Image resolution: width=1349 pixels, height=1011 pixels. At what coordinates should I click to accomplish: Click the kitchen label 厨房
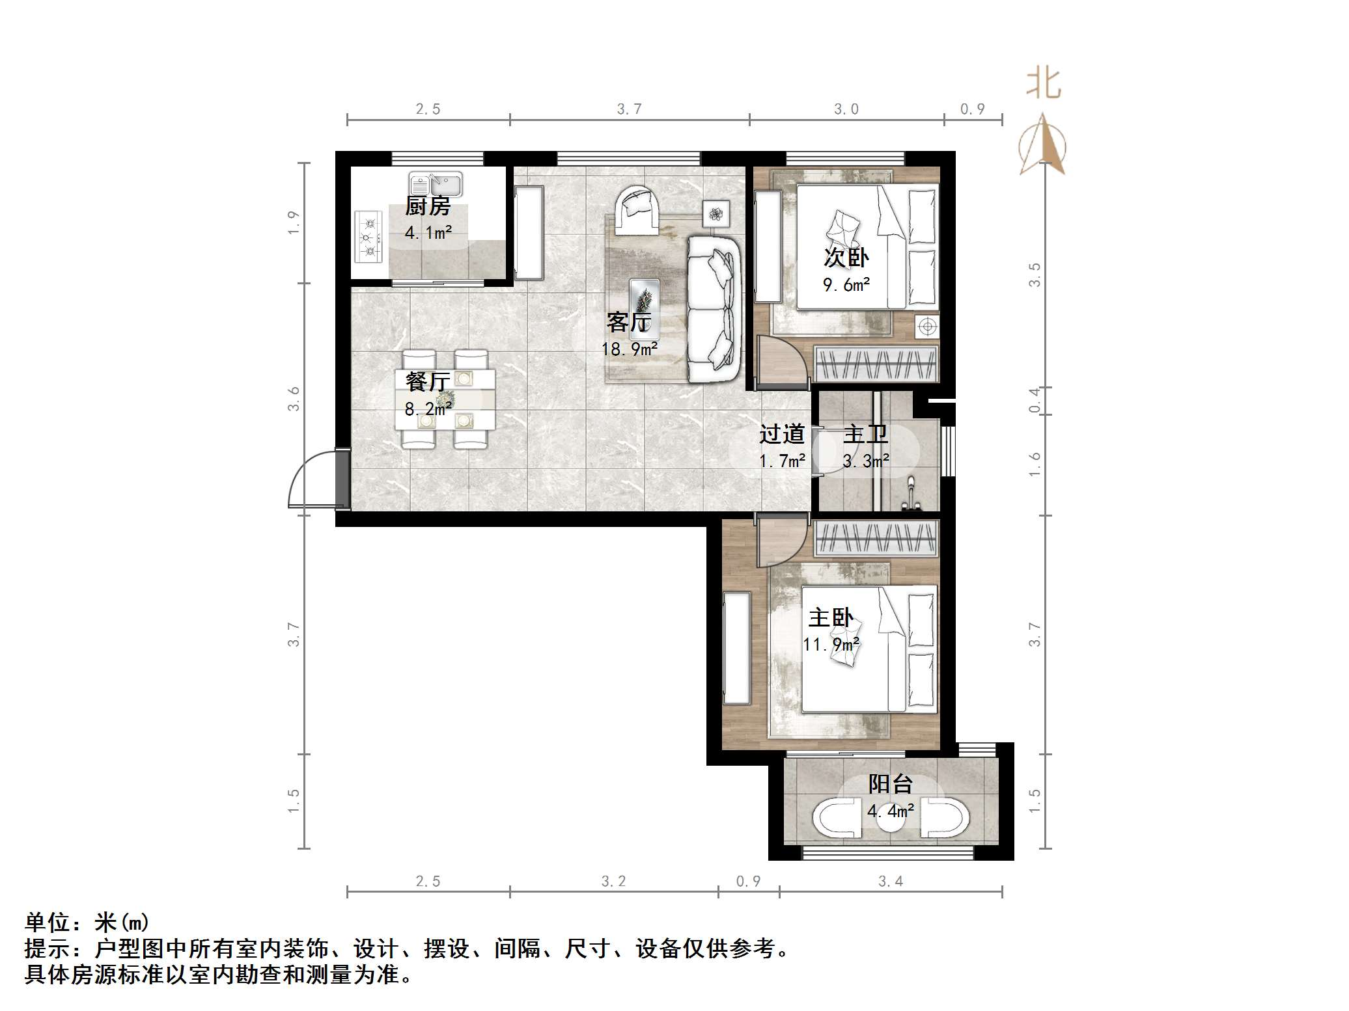[x=427, y=206]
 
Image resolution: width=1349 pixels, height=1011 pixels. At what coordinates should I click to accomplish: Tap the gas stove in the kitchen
[x=369, y=237]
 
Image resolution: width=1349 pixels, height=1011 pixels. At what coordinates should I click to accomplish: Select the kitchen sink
[x=436, y=185]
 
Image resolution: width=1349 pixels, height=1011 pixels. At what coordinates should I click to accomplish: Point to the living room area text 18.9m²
[x=629, y=349]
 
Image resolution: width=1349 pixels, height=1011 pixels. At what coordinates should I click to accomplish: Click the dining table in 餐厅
[x=445, y=399]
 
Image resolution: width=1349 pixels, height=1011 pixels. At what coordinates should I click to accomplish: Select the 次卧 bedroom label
[x=846, y=258]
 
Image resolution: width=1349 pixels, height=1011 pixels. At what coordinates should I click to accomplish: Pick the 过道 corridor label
[x=782, y=434]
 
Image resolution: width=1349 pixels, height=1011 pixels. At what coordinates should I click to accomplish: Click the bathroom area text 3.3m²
[x=865, y=461]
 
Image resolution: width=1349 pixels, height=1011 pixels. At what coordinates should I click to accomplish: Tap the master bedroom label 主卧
[x=831, y=617]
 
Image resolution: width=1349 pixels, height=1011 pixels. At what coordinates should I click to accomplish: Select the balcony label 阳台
[x=890, y=784]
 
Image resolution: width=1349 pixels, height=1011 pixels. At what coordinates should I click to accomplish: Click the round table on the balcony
[x=890, y=820]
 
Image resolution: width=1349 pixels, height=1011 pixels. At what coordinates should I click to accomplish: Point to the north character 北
[x=1044, y=85]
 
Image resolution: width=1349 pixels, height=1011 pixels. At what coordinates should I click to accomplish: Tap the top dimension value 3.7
[x=629, y=109]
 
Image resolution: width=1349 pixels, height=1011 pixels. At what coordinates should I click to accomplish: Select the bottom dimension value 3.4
[x=890, y=882]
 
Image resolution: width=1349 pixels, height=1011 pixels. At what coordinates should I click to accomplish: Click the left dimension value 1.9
[x=294, y=222]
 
